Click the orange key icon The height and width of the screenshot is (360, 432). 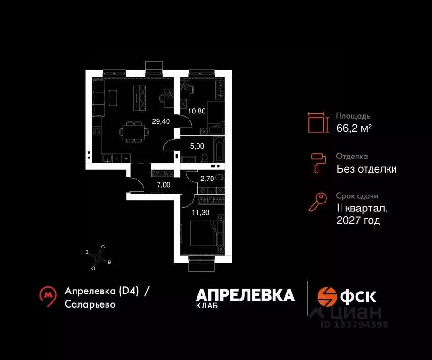(317, 202)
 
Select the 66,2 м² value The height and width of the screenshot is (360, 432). (355, 127)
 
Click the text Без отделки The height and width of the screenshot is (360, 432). (366, 169)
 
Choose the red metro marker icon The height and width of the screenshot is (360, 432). (47, 295)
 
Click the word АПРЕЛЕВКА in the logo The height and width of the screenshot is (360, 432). (245, 295)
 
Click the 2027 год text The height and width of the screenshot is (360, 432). (358, 220)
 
